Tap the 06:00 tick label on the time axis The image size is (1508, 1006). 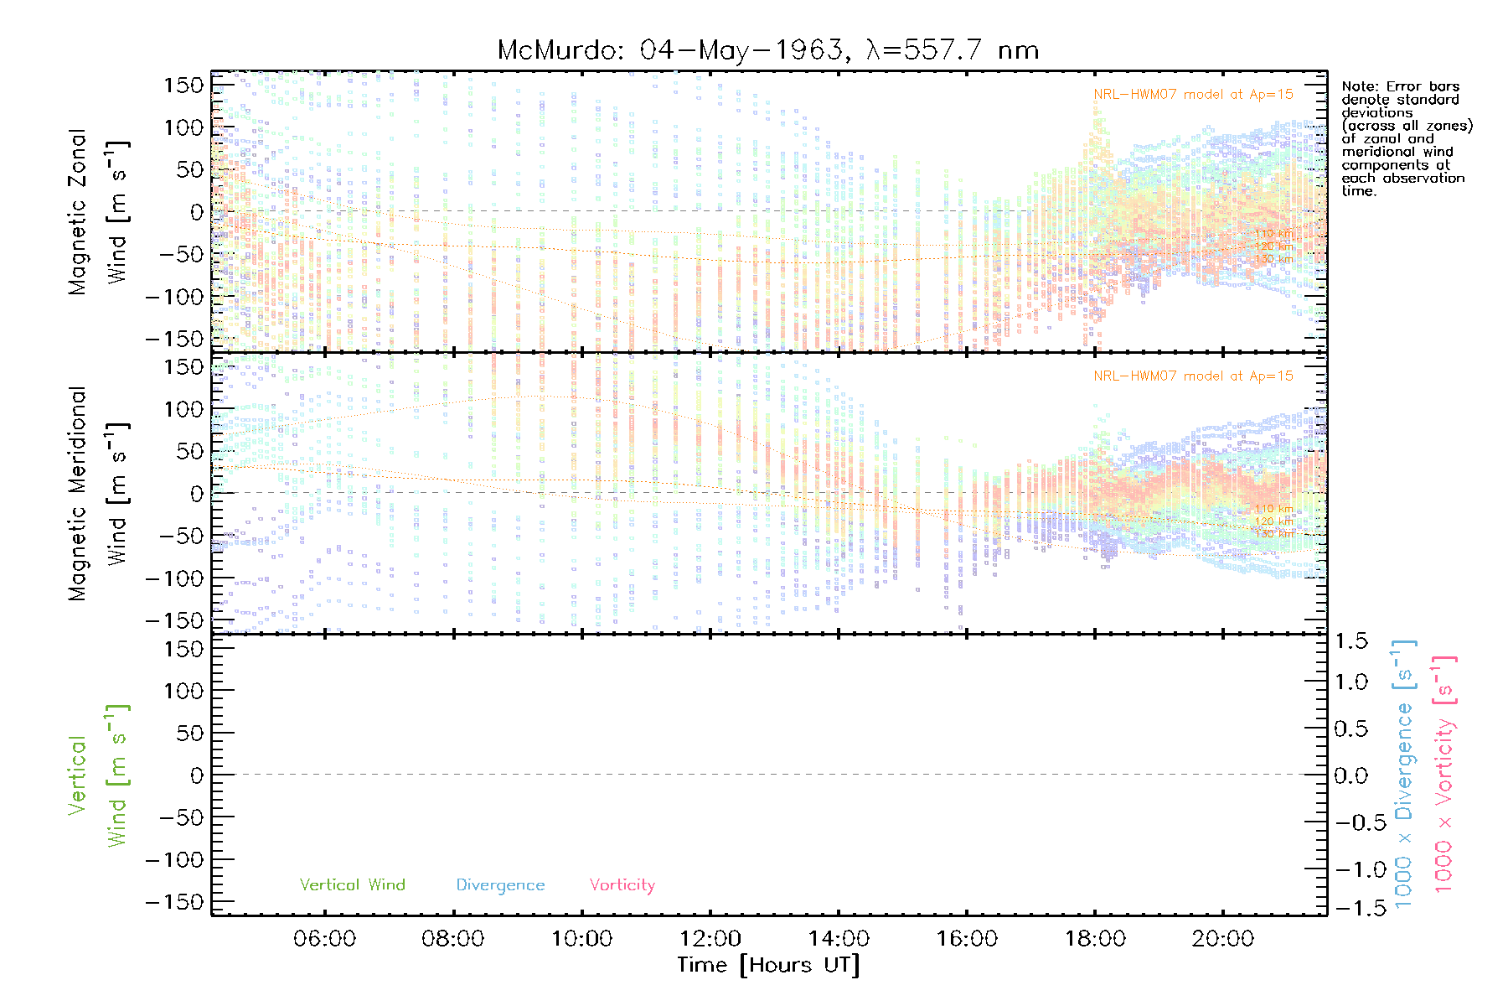[x=324, y=939]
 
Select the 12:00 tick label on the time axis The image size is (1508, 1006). [x=710, y=939]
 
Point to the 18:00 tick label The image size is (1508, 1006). [x=1095, y=939]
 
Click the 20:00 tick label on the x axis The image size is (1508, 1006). [x=1223, y=939]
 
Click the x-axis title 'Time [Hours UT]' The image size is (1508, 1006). [x=768, y=966]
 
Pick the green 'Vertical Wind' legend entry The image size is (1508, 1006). [x=352, y=885]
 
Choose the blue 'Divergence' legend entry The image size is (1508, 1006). [x=500, y=885]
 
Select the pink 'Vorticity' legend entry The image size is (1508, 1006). [x=622, y=885]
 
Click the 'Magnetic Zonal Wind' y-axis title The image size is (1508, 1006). [x=98, y=211]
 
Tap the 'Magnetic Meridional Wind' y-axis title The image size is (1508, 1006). [x=98, y=493]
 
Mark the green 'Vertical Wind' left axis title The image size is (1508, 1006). [x=98, y=775]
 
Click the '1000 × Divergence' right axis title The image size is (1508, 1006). [x=1405, y=775]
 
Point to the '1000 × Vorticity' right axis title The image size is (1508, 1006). [x=1445, y=775]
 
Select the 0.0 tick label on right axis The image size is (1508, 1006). [x=1350, y=776]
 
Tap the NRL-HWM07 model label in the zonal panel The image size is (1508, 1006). [x=1193, y=95]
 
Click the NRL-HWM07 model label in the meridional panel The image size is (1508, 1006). [x=1193, y=376]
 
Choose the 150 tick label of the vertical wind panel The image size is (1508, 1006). [x=183, y=649]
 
